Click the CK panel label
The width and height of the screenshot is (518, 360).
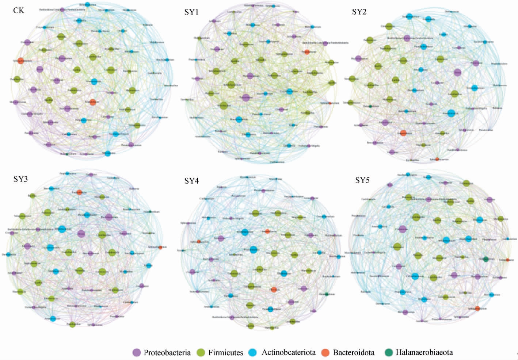[19, 10]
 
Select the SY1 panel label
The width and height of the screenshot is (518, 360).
[191, 12]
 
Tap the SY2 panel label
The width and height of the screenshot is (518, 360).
[359, 12]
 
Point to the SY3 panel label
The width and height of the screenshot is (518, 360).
[21, 179]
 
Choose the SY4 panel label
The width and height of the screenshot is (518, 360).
[191, 181]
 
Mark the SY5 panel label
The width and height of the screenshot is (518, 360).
[362, 180]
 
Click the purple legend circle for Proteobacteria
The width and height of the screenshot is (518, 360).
[137, 352]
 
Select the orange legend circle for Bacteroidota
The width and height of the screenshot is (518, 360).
[326, 352]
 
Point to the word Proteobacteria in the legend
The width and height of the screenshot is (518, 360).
[167, 353]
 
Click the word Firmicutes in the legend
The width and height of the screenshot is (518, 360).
[225, 353]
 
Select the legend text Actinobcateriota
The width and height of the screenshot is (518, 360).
[289, 353]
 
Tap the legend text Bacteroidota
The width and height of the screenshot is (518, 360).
[354, 353]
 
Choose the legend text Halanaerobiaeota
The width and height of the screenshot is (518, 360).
[424, 353]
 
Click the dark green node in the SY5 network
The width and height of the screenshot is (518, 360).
[485, 259]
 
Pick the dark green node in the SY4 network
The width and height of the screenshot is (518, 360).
[326, 294]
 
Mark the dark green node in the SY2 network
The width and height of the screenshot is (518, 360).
[370, 106]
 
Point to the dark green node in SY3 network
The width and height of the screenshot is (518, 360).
[150, 212]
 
